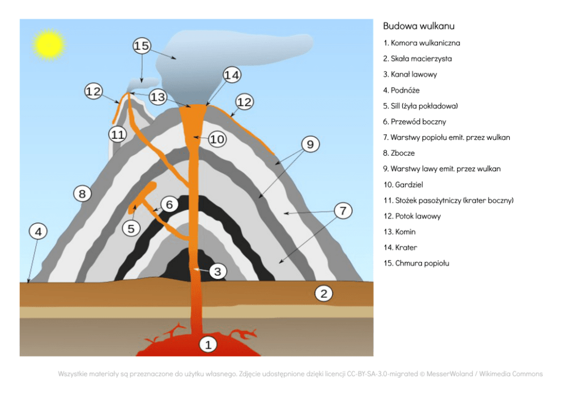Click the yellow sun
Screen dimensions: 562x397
(49, 45)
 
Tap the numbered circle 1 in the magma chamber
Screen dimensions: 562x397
(208, 345)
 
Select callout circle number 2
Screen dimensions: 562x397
(323, 293)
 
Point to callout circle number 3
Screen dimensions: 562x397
(217, 272)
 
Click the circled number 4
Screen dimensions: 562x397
(38, 232)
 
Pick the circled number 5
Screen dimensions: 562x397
(131, 228)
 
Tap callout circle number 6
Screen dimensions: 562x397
(169, 204)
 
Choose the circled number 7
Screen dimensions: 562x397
(343, 210)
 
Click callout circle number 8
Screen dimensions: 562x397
(82, 194)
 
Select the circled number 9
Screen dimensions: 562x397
(310, 144)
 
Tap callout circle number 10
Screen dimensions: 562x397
(217, 139)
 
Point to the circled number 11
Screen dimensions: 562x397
(118, 135)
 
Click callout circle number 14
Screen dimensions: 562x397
(232, 75)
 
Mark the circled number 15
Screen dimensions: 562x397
(142, 45)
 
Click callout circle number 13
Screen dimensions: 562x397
(157, 97)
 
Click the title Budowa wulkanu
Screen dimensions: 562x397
(419, 26)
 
